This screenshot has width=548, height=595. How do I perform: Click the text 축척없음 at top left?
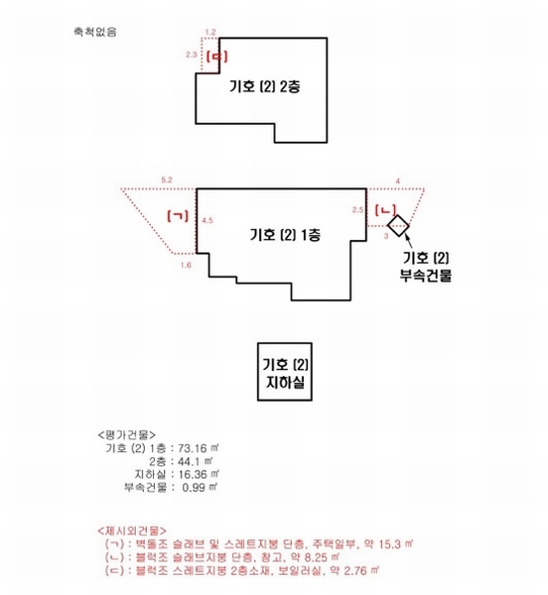95,32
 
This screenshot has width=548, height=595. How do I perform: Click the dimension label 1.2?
210,33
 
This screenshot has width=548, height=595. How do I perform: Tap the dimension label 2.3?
192,55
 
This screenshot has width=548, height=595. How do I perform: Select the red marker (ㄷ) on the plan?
216,57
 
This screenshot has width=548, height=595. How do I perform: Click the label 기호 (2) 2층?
265,86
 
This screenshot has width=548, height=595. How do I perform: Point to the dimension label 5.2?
167,179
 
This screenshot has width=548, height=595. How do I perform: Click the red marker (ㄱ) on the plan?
178,216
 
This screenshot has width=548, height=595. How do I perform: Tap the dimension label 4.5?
207,220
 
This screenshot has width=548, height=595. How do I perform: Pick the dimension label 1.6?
186,265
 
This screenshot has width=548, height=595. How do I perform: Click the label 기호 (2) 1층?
285,234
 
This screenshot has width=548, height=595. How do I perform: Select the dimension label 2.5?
357,210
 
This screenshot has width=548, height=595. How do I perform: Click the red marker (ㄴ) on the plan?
385,210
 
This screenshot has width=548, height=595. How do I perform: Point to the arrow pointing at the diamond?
408,242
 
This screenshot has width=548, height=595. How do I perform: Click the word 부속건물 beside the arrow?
426,275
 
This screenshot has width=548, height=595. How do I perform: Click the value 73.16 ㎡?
198,448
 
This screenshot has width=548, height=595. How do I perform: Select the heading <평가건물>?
126,435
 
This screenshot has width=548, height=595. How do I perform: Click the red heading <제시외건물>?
132,531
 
